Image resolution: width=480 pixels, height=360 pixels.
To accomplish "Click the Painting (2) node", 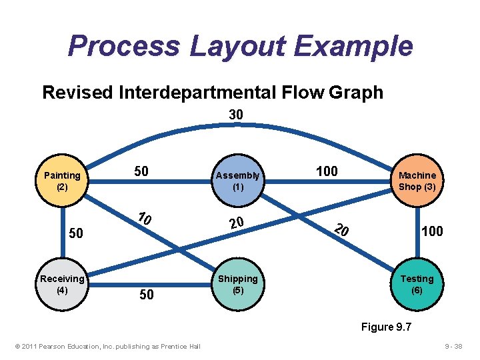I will click(x=62, y=181).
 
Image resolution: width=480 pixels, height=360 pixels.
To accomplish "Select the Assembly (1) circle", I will click(x=237, y=181).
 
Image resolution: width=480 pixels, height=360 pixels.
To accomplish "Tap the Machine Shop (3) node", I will click(x=417, y=181).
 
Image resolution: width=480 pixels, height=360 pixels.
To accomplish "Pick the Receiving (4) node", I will click(x=62, y=284).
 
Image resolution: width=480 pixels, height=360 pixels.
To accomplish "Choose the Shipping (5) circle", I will click(x=237, y=284).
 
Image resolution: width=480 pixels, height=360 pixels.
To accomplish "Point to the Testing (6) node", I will click(x=417, y=284).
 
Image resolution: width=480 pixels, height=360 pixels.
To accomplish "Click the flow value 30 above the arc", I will click(x=236, y=115).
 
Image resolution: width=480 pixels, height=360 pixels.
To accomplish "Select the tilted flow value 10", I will click(x=145, y=219).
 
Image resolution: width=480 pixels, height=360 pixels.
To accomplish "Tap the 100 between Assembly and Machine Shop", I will click(x=327, y=171).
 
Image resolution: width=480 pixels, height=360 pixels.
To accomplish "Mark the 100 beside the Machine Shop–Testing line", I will click(x=431, y=231).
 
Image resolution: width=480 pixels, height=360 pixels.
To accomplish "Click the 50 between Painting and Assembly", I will click(x=141, y=171).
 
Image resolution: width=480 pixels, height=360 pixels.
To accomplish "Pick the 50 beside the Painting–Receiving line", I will click(x=77, y=233).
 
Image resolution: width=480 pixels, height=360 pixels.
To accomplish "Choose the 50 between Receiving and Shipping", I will click(x=146, y=294).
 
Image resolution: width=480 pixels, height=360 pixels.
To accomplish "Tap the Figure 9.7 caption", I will click(x=386, y=327).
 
